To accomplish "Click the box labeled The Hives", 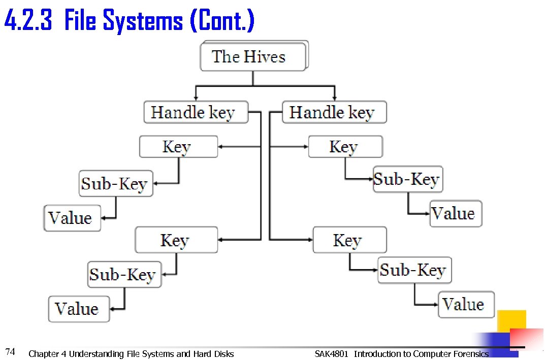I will (253, 57).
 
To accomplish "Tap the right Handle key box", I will (334, 112).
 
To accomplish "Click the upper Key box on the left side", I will (178, 147).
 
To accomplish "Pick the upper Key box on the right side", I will (345, 147).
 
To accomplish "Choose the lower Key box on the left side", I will (176, 240).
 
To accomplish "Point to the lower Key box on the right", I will (349, 240).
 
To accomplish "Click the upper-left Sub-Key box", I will (116, 183).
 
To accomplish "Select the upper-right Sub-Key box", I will (408, 179).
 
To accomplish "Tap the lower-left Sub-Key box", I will (124, 275).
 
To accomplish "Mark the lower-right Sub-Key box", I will (414, 270).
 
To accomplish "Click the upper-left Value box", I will (72, 218).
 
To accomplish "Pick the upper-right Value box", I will (456, 213).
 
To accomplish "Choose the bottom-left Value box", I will (79, 309).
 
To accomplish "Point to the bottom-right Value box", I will (465, 305).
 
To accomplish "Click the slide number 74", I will (10, 351).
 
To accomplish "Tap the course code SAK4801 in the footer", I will (331, 353).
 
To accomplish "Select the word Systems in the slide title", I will (142, 21).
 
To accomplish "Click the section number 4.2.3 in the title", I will (28, 21).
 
